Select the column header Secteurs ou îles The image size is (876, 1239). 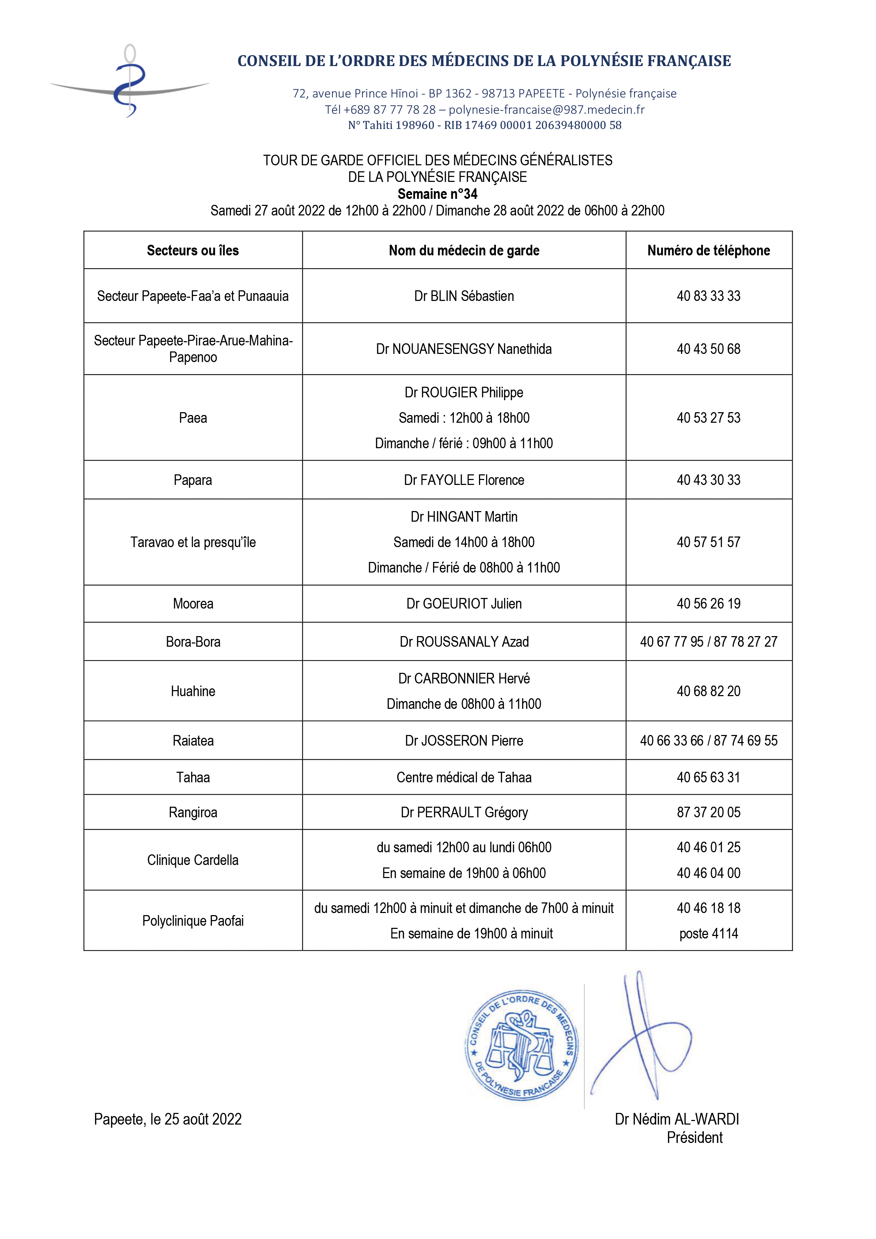click(193, 250)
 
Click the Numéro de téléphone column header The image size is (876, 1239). click(708, 250)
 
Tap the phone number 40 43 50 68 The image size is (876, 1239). click(708, 349)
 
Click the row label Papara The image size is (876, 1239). click(193, 480)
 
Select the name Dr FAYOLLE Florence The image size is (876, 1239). click(464, 480)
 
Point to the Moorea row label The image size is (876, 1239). click(193, 604)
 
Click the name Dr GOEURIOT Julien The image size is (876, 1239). click(464, 604)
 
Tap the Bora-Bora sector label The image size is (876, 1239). click(193, 642)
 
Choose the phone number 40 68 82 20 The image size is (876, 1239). click(708, 691)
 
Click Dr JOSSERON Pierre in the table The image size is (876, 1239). click(464, 741)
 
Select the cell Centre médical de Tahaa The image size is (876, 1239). click(464, 778)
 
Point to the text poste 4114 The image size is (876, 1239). click(708, 933)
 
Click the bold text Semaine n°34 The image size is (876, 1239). click(437, 194)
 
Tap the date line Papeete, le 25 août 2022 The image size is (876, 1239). click(167, 1119)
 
